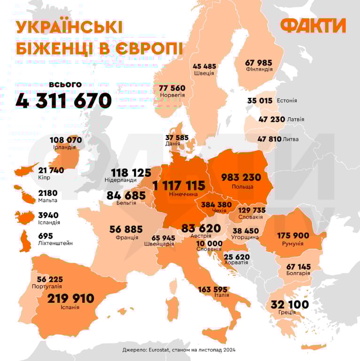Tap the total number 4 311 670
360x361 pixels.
(x=63, y=101)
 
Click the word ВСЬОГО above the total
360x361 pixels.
(x=65, y=85)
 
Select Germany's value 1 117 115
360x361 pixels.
(x=179, y=185)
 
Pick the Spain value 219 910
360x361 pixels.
(x=70, y=298)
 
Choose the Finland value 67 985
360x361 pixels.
(x=259, y=62)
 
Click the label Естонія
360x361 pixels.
(x=287, y=101)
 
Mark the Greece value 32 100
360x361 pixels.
(x=290, y=305)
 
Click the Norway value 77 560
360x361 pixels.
(x=172, y=88)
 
